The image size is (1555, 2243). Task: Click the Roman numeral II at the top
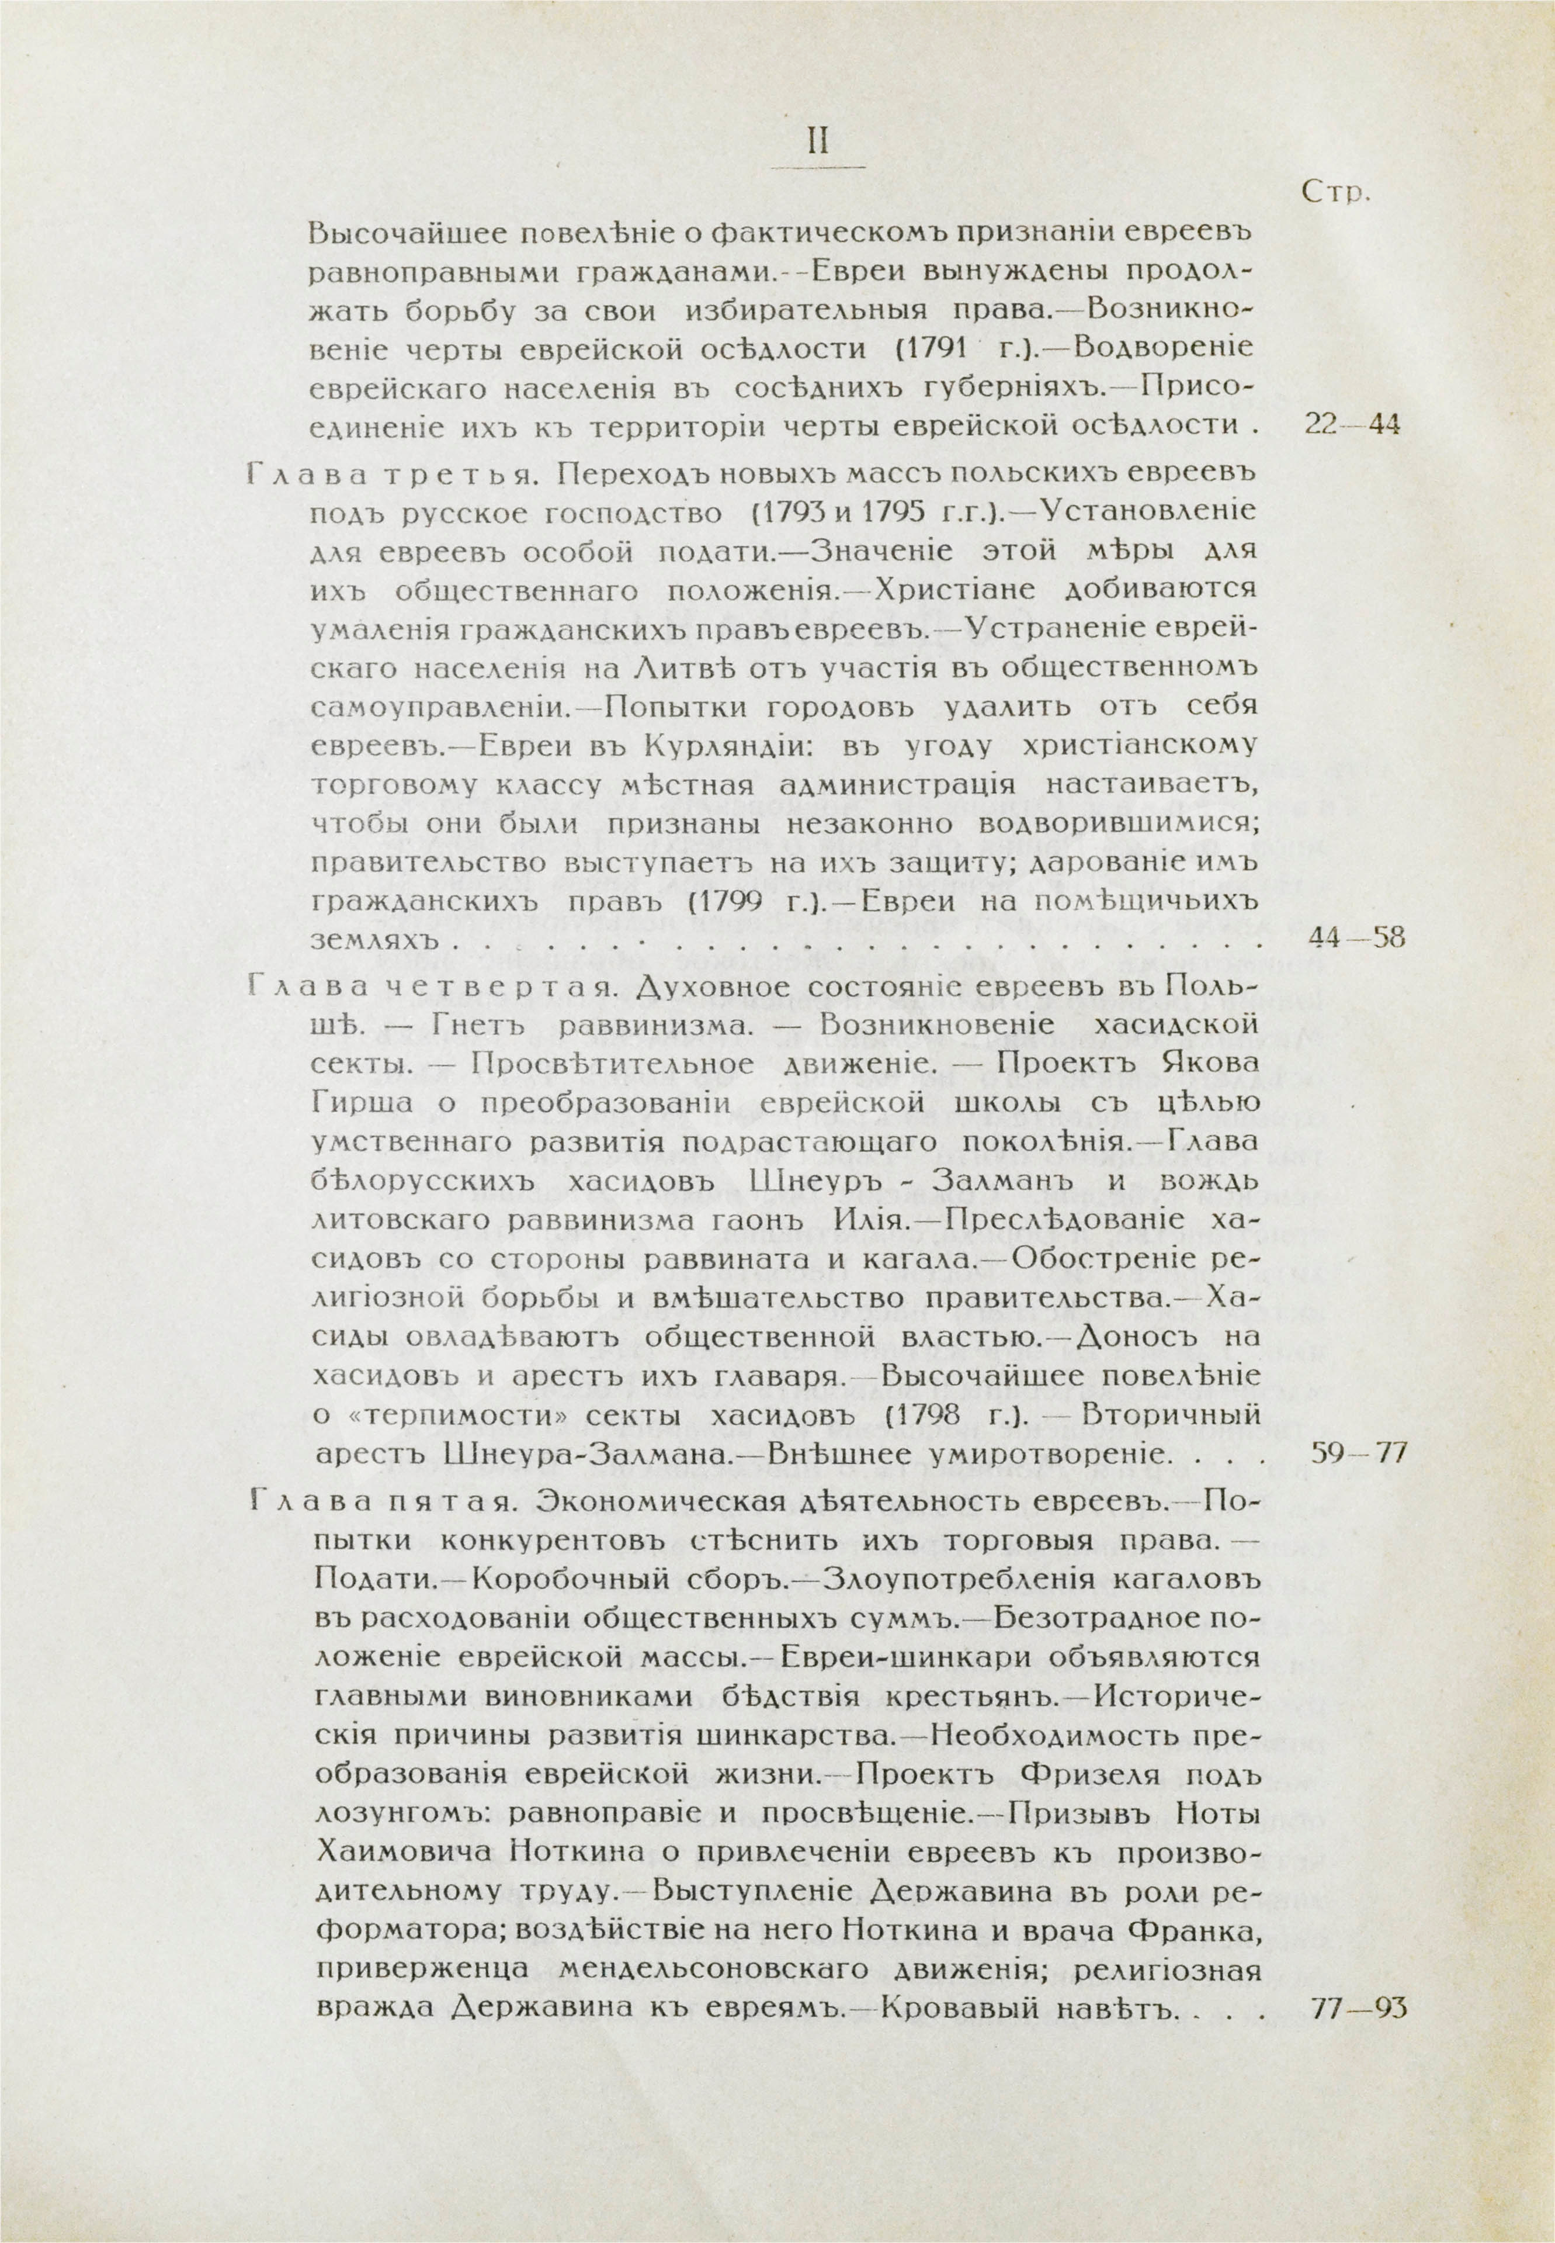click(x=817, y=143)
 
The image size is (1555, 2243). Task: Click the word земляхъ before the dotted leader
click(x=371, y=941)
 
